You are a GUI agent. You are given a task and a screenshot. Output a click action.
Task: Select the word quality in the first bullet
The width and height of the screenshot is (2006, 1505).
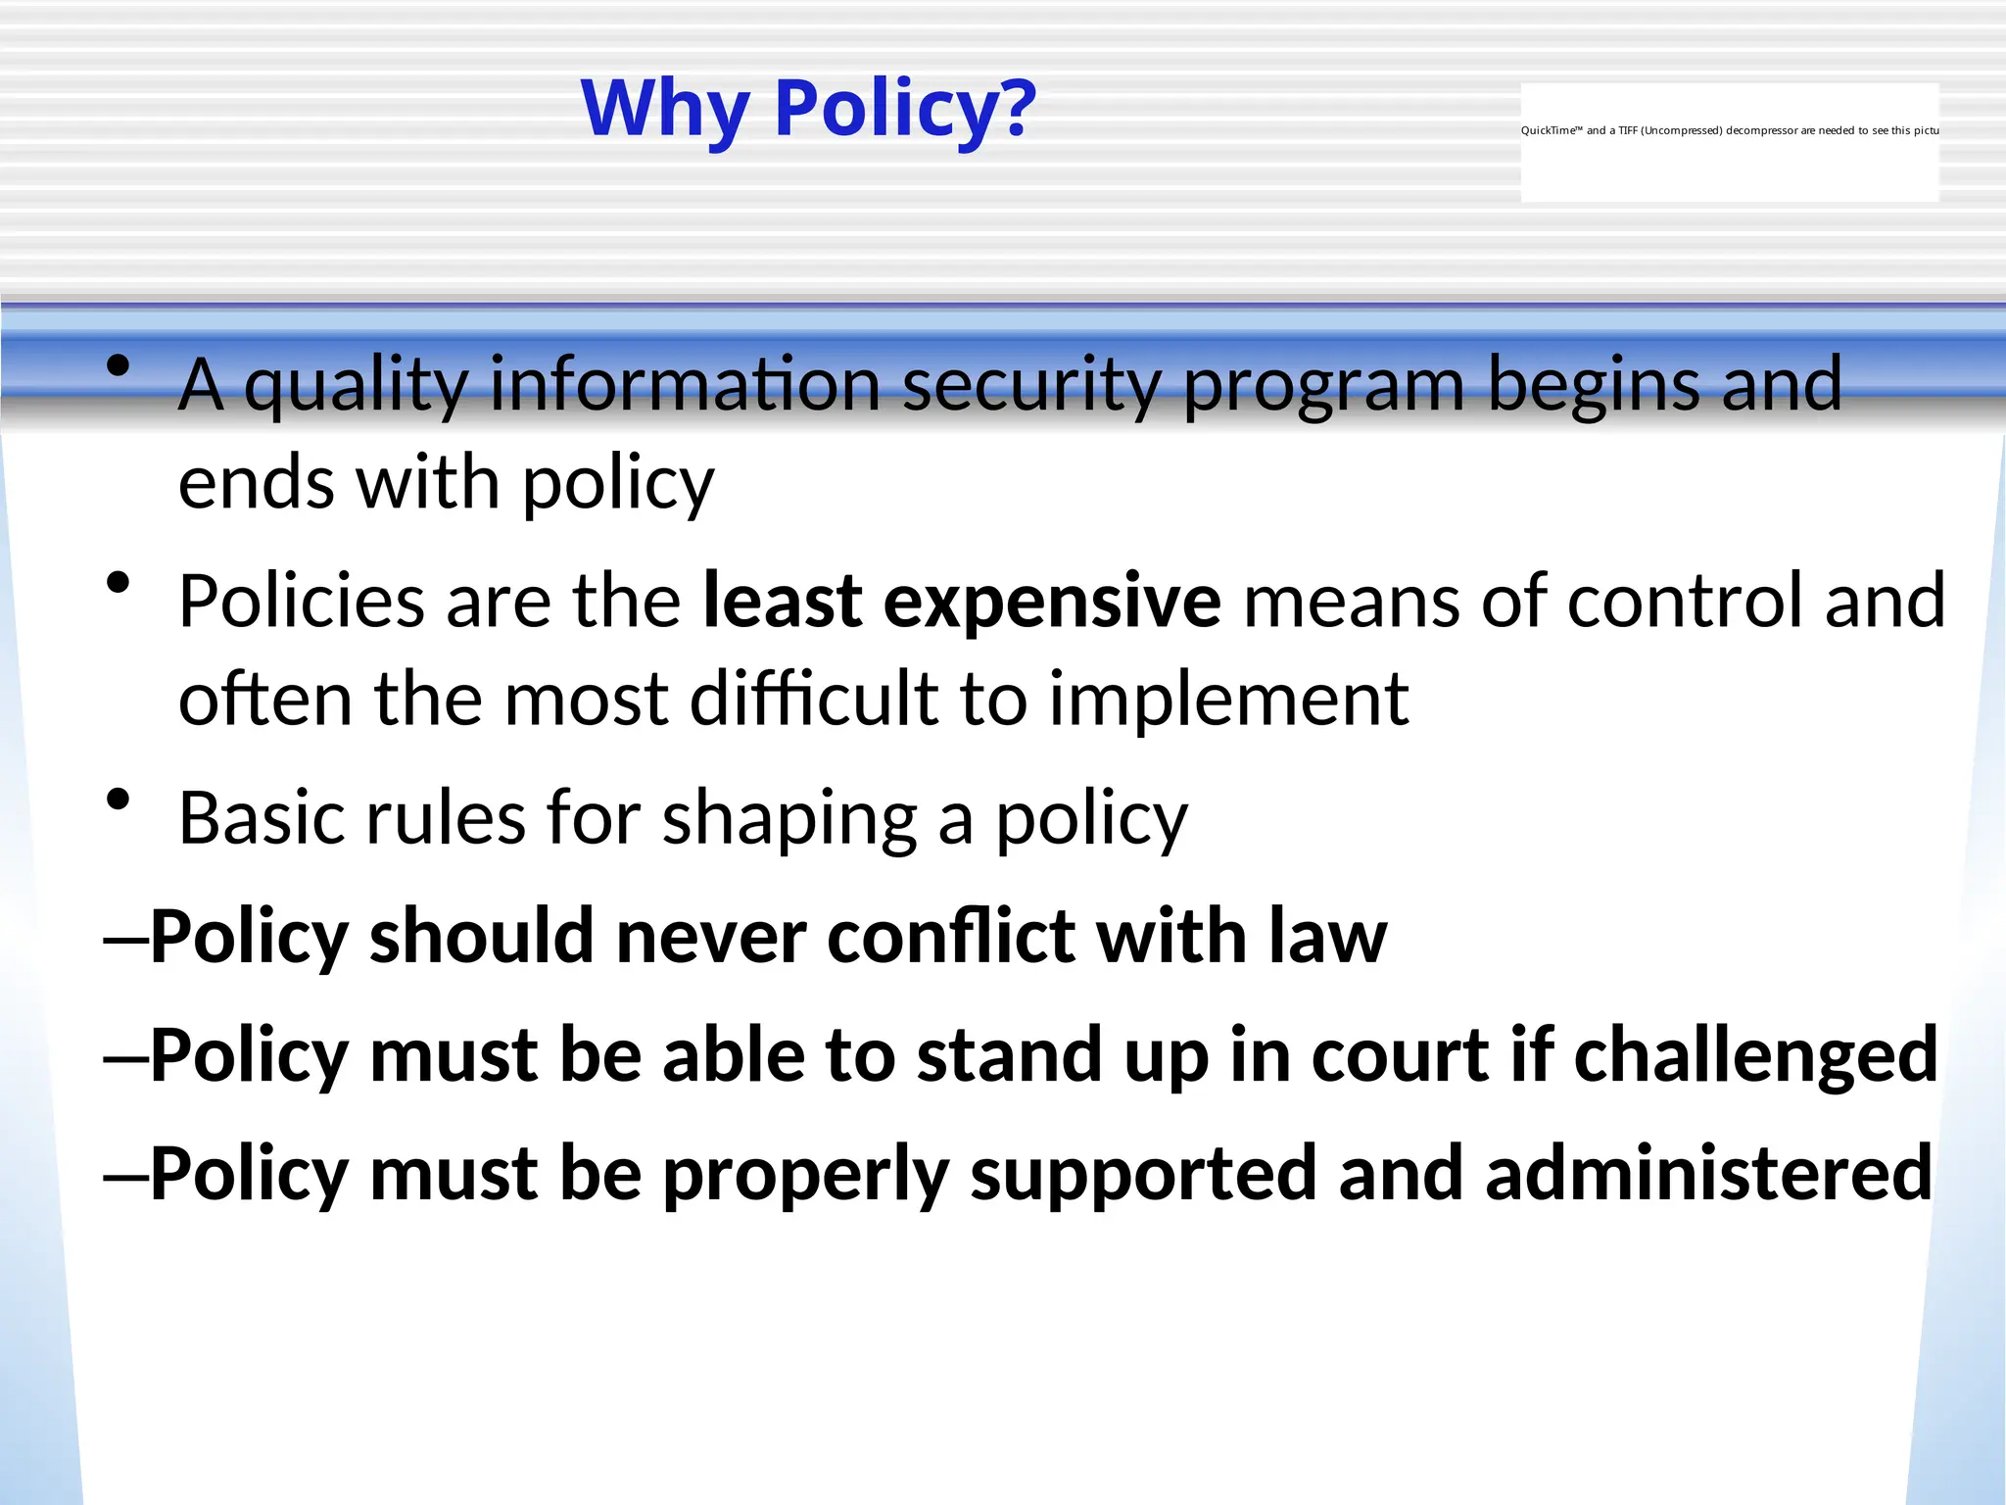point(357,386)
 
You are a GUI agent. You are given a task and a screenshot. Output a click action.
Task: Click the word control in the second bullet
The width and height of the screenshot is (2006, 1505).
point(1685,601)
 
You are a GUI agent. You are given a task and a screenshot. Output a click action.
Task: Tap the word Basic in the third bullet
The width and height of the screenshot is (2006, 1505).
point(260,818)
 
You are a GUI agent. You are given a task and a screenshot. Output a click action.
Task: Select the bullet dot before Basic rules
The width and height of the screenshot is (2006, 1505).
point(119,801)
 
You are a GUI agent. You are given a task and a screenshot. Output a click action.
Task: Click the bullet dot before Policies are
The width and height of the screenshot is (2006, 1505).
point(119,584)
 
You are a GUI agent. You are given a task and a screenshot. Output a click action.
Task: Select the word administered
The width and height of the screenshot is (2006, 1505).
point(1708,1174)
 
